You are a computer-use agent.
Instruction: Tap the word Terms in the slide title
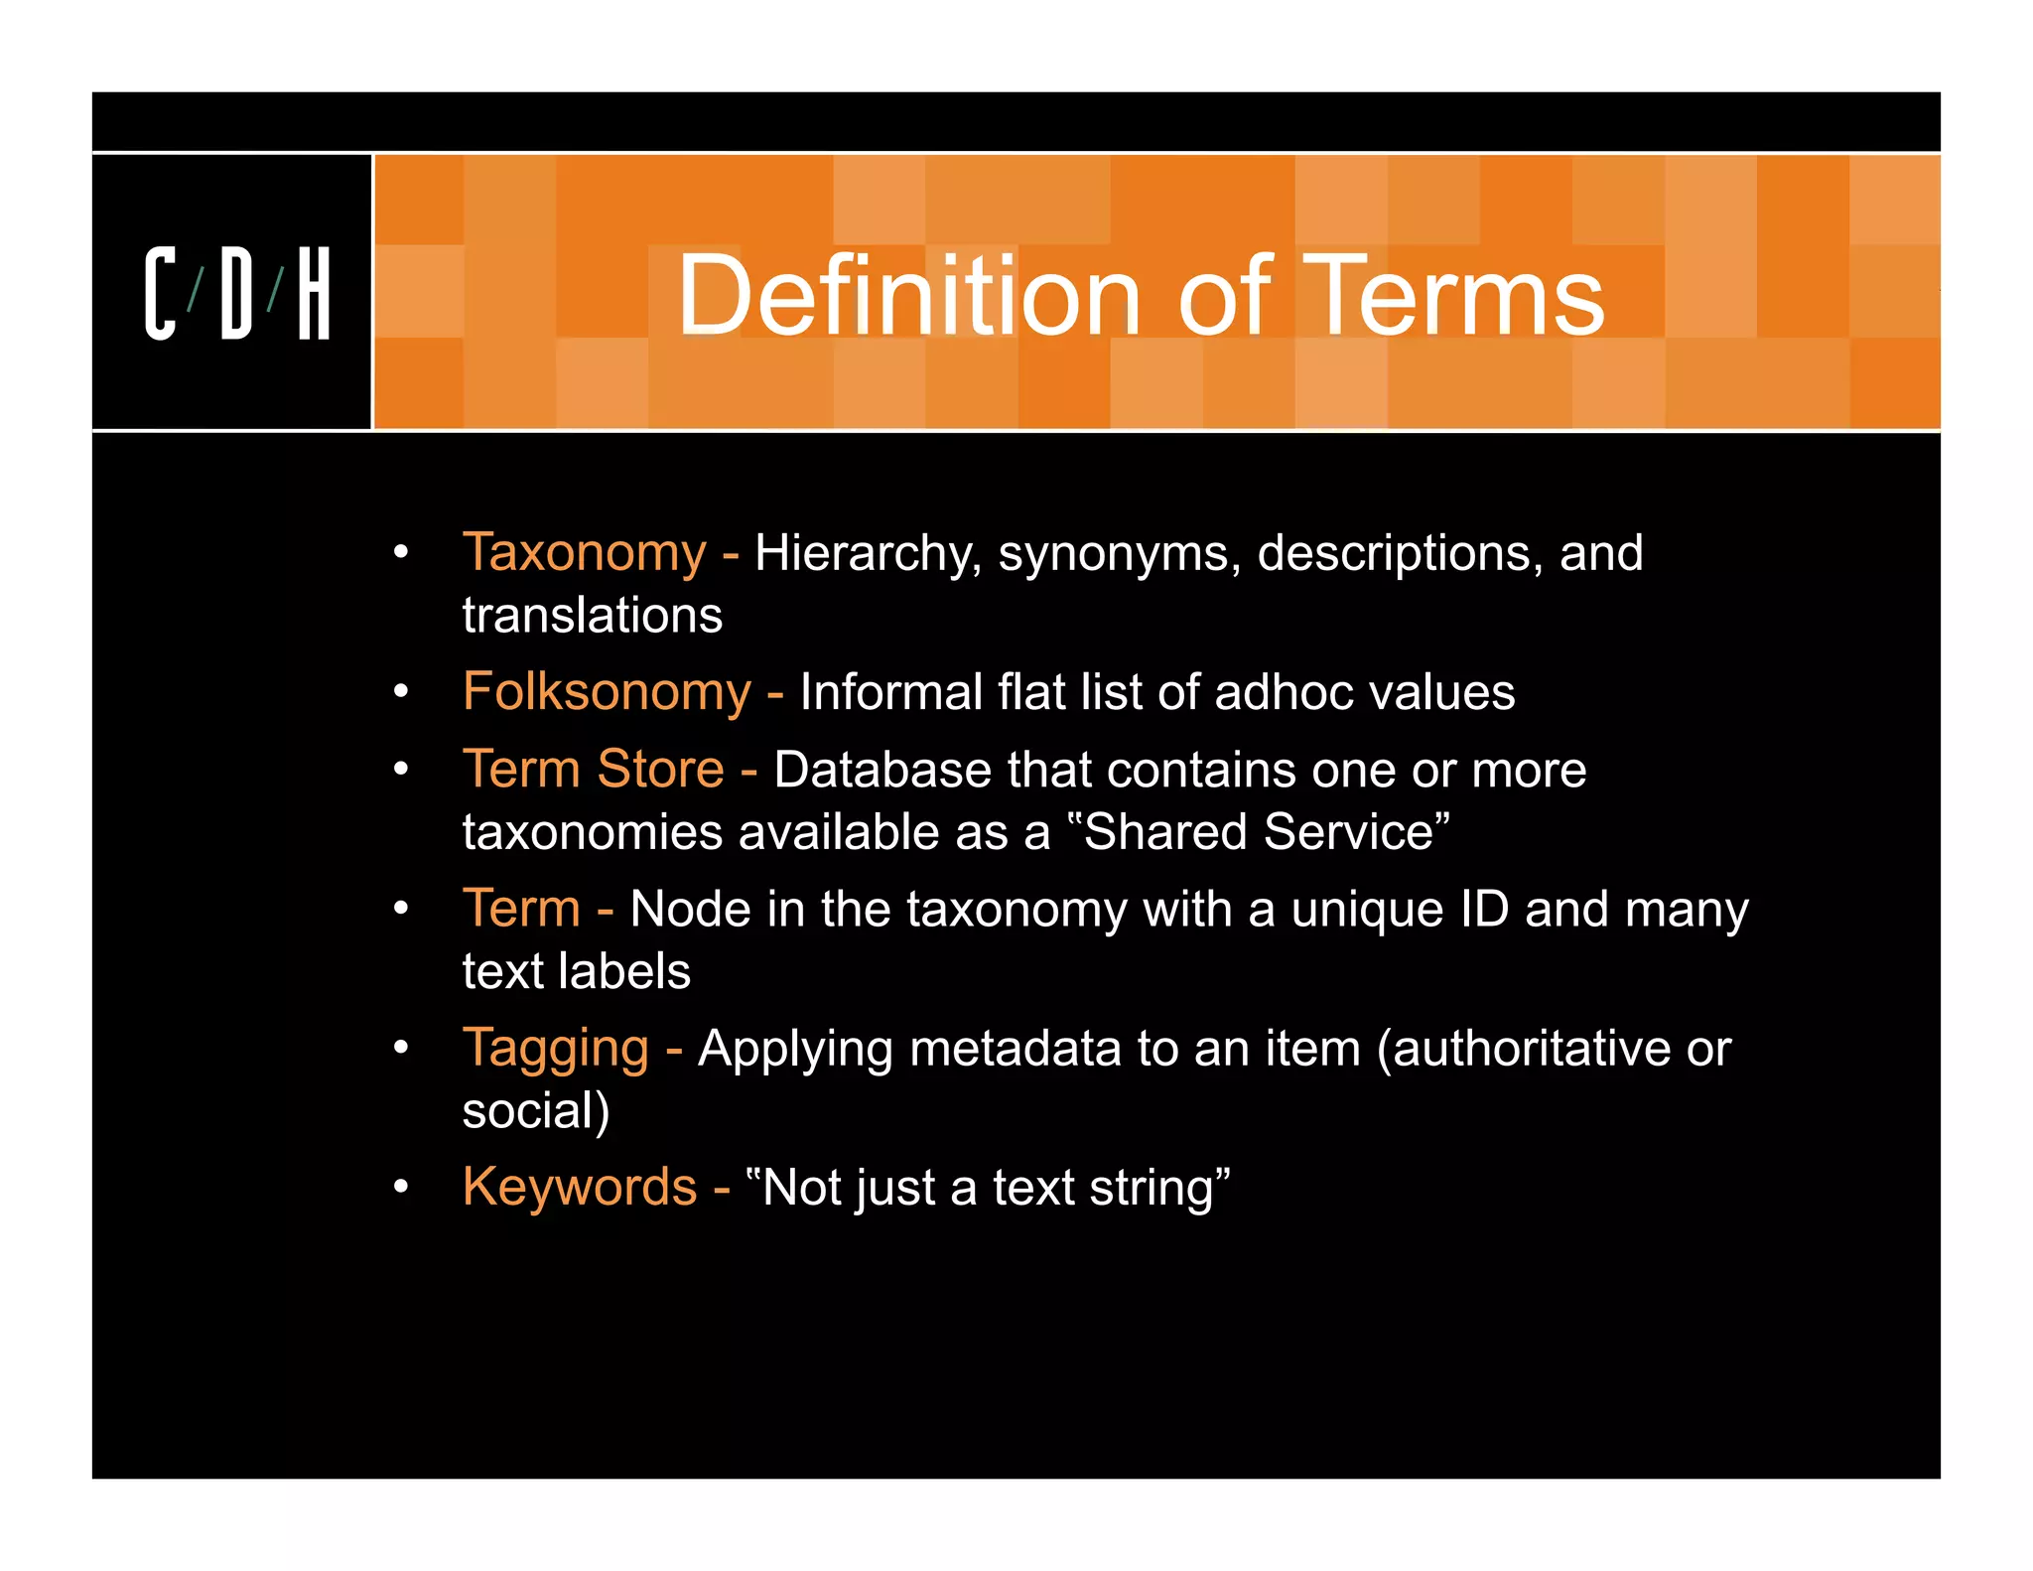[x=1452, y=296]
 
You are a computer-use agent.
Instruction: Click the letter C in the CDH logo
[x=160, y=294]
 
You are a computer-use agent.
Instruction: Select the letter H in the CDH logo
[x=314, y=294]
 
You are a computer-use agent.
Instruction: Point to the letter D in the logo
[x=236, y=294]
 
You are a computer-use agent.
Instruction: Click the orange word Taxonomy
[x=585, y=552]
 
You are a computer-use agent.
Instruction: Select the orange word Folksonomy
[x=607, y=691]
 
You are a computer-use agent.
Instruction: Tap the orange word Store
[x=660, y=769]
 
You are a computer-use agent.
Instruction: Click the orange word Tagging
[x=556, y=1048]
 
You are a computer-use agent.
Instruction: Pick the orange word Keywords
[x=580, y=1187]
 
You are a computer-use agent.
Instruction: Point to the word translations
[x=593, y=615]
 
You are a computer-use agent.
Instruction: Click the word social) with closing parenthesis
[x=536, y=1111]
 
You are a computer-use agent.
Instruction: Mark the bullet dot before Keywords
[x=401, y=1186]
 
